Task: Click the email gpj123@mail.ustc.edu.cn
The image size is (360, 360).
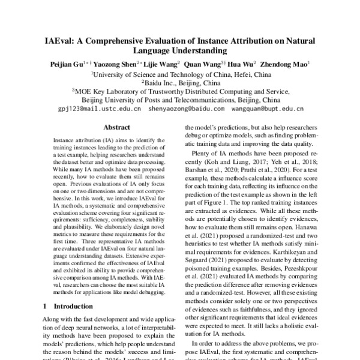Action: [x=100, y=110]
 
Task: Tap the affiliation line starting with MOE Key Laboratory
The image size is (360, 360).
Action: [x=180, y=91]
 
